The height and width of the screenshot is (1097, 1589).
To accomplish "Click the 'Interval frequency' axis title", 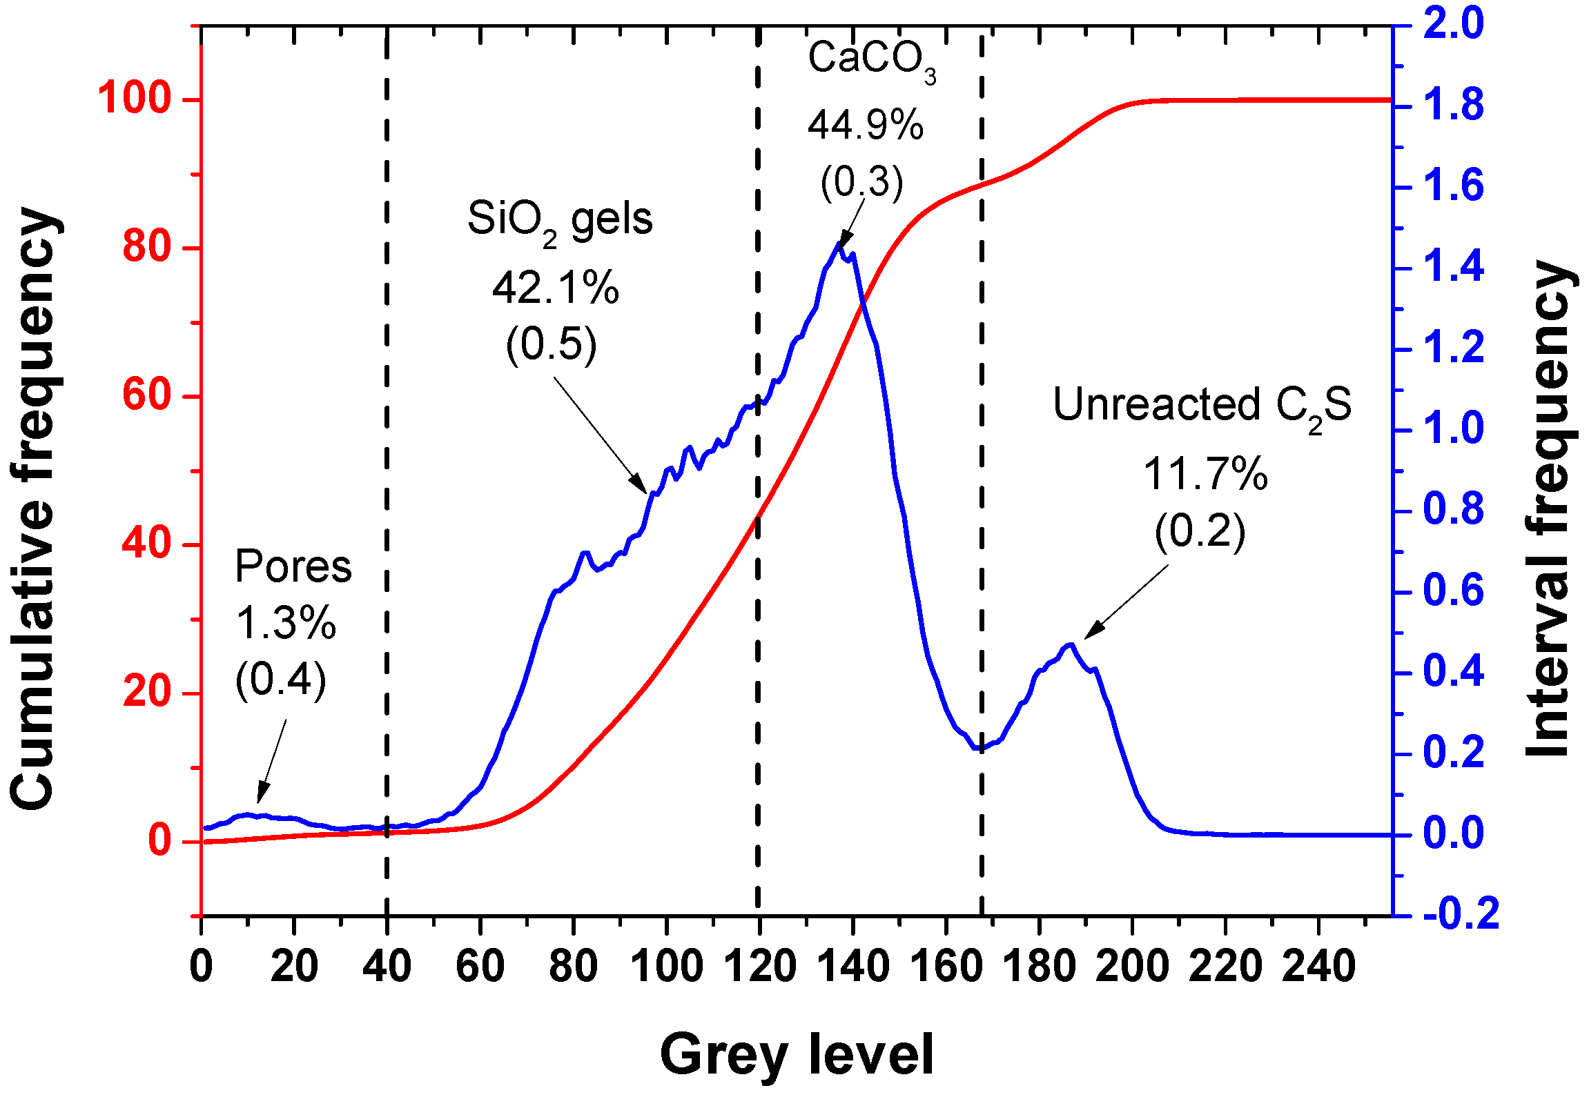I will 1549,509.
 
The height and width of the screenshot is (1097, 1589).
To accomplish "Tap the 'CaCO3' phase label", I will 871,60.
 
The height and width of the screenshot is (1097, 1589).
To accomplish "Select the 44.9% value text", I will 865,126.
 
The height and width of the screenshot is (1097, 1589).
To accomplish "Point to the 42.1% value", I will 555,288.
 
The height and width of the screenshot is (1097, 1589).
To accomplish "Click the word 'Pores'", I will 293,567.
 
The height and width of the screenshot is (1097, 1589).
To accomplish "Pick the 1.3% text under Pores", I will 286,623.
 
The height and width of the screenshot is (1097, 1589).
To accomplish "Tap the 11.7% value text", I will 1205,475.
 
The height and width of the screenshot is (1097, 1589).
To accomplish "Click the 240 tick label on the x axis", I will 1318,967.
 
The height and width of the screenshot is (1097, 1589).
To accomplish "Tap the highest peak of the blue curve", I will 840,244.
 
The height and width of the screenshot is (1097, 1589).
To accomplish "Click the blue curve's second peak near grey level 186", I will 1070,644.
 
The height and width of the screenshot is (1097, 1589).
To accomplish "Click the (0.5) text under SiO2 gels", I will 551,344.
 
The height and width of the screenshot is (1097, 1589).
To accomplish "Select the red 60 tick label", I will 146,395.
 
